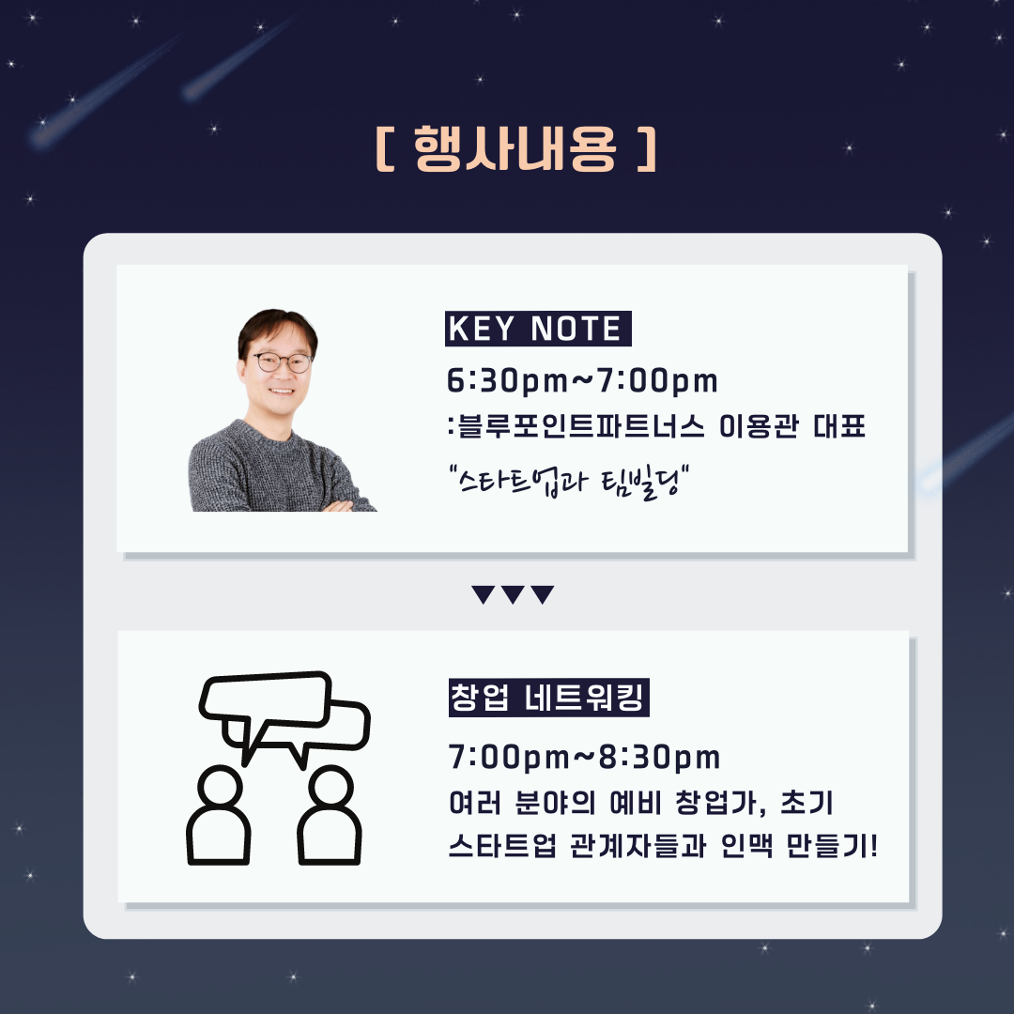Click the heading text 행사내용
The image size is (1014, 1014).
point(515,148)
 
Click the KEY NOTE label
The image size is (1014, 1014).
point(537,329)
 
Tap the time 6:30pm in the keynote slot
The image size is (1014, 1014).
point(507,380)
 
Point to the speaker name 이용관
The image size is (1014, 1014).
point(759,427)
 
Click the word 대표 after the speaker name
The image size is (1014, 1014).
point(838,427)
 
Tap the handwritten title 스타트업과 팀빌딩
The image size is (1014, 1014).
point(568,481)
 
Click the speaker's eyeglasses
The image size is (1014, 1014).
point(283,362)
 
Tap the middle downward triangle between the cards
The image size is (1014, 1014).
point(513,593)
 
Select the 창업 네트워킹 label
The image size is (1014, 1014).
point(548,697)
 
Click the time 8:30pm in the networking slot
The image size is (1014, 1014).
point(660,758)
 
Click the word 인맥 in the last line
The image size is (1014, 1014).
point(746,846)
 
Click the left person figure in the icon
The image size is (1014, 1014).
point(219,816)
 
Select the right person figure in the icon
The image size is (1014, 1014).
point(330,816)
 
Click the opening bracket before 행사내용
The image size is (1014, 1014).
point(385,148)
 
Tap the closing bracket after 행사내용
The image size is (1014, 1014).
point(647,148)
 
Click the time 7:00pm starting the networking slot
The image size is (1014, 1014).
point(509,758)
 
